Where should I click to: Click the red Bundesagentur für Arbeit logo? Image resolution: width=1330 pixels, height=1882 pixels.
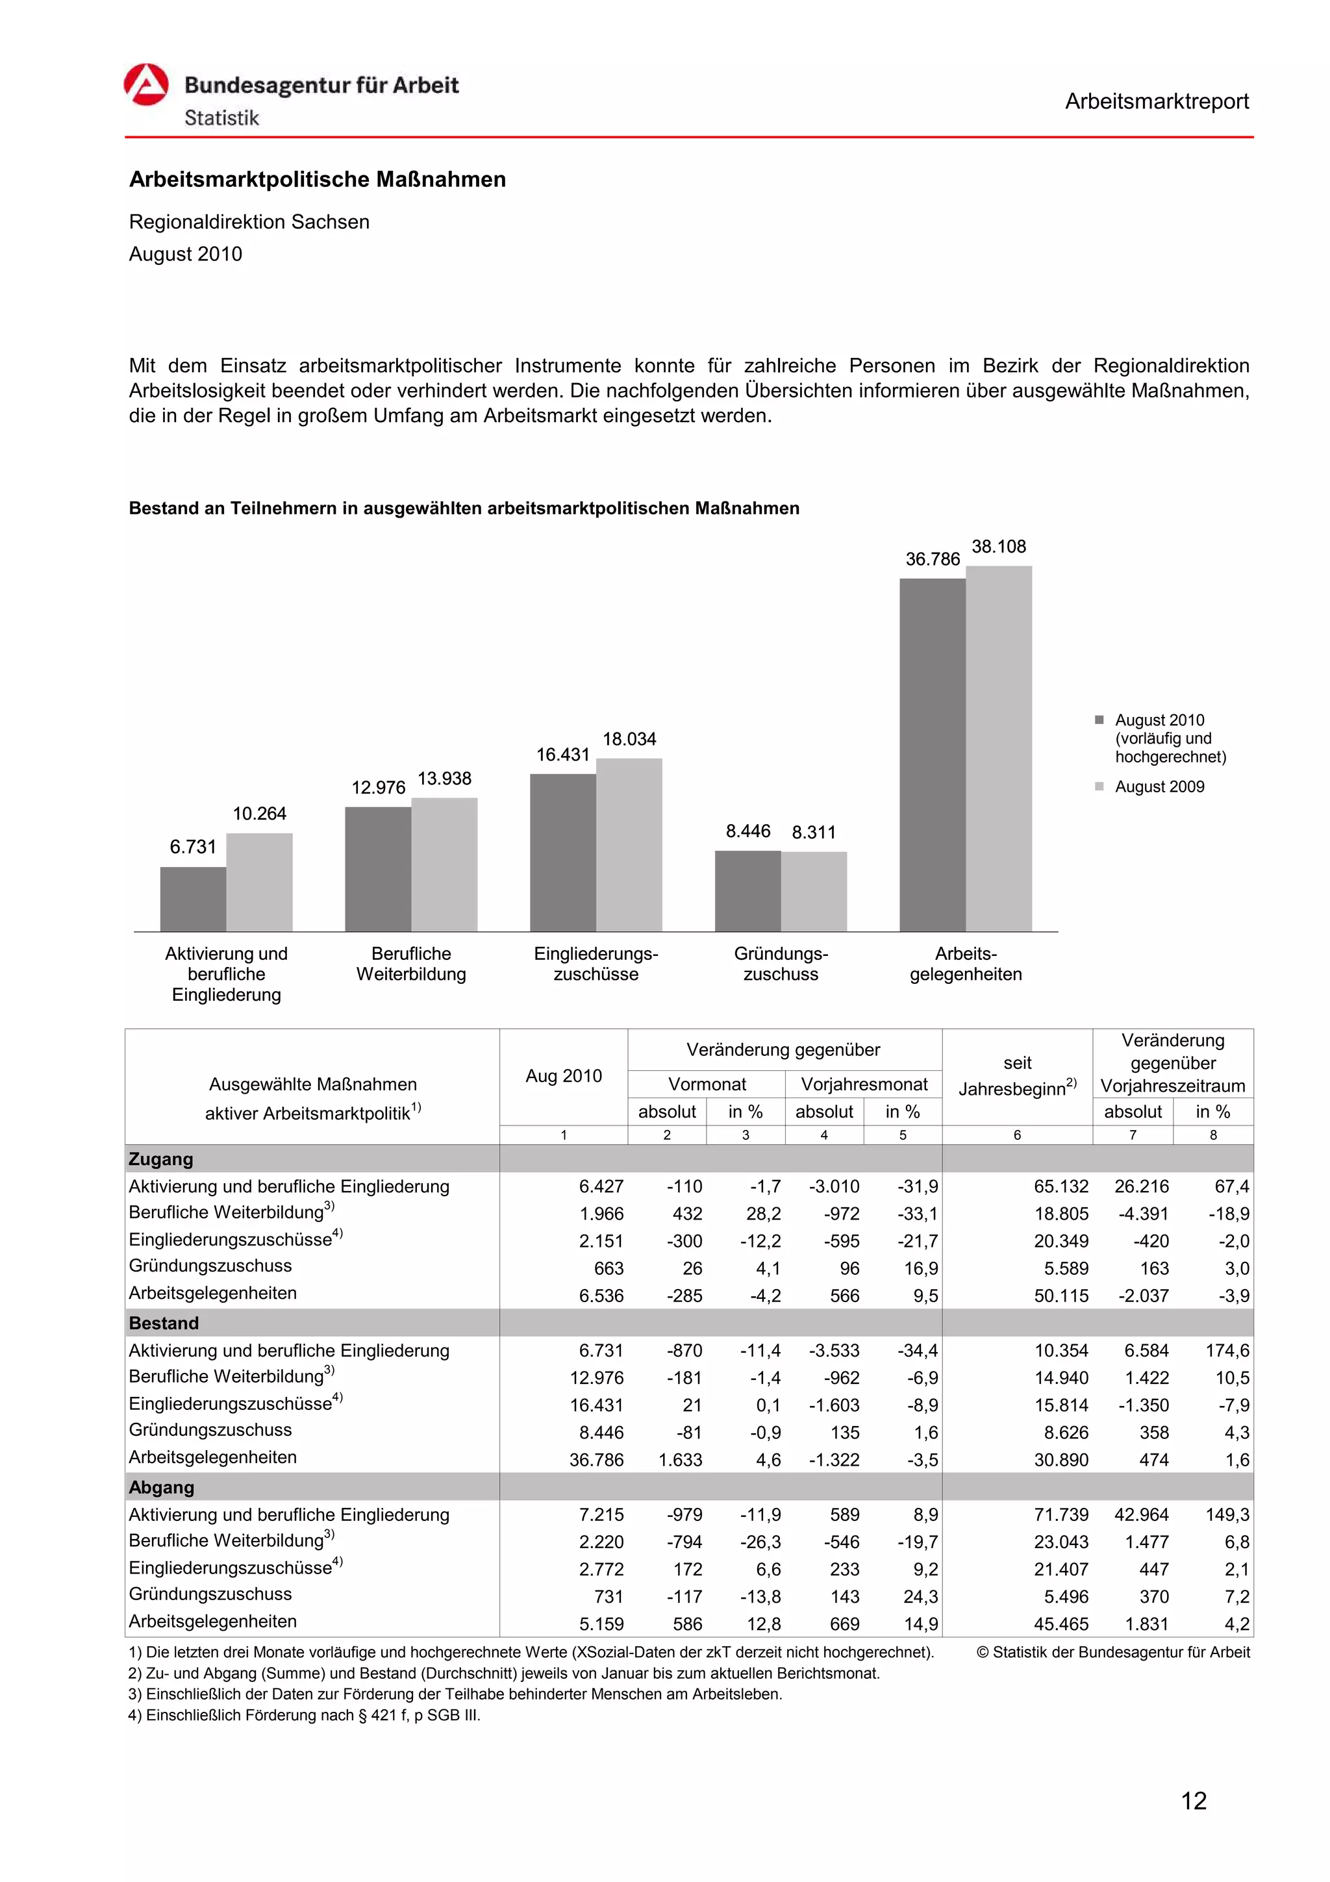[146, 84]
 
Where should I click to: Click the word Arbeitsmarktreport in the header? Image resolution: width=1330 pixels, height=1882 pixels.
[1156, 102]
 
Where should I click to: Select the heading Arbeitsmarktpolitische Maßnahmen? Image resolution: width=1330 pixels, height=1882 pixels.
[317, 179]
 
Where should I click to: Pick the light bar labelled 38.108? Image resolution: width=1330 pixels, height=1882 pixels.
[998, 747]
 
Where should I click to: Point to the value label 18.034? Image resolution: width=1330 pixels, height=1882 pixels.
[629, 739]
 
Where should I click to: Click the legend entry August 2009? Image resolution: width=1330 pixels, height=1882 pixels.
[1159, 787]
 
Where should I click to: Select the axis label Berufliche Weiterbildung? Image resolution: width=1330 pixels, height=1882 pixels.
[410, 964]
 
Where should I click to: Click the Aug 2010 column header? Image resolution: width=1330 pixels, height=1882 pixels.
[563, 1075]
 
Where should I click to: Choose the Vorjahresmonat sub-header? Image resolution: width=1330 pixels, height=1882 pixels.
[864, 1085]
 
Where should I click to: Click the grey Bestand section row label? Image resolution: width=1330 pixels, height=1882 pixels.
[164, 1323]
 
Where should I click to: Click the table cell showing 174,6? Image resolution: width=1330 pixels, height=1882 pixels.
[1227, 1350]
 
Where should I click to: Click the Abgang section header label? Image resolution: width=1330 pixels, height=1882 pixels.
[162, 1487]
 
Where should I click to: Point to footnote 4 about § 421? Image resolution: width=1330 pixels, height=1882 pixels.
[304, 1715]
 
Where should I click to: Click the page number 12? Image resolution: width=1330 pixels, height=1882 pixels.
[1193, 1801]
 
